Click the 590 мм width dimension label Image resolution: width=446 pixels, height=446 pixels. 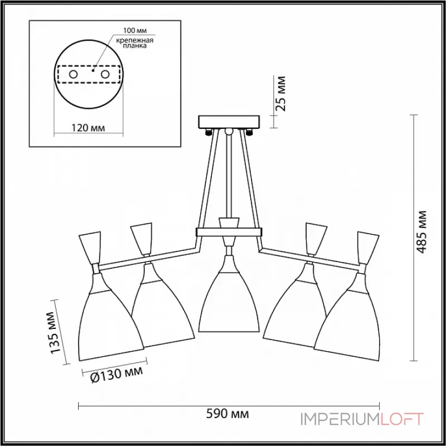(227, 414)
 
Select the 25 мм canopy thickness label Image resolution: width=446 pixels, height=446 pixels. (280, 94)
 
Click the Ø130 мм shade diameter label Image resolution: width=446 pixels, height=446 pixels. (117, 375)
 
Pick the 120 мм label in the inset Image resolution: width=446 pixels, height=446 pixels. (88, 128)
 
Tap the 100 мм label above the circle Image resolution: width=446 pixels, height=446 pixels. (135, 31)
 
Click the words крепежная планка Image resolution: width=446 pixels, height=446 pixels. (135, 43)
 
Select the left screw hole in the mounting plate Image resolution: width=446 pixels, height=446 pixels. (73, 75)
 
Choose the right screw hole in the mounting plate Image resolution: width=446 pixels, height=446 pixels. (105, 75)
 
